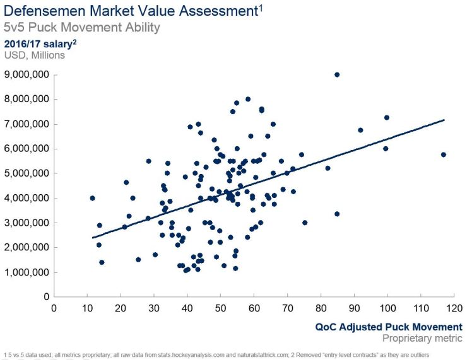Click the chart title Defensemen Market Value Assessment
pos(130,11)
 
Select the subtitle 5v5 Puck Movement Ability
pos(82,28)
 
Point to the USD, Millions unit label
pos(35,55)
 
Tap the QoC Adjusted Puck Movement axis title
pos(389,327)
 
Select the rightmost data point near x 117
pos(444,154)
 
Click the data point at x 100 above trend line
pos(387,117)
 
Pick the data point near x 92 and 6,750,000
pos(360,130)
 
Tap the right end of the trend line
pos(444,120)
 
